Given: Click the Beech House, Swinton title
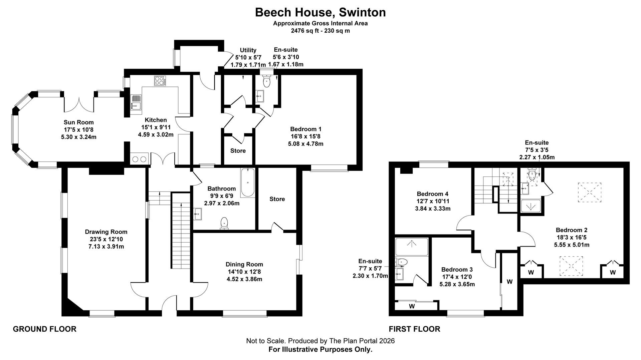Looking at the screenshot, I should coord(320,12).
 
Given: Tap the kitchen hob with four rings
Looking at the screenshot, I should coord(160,81).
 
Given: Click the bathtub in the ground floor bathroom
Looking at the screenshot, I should coord(247,183).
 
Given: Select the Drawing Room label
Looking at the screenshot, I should coord(106,232).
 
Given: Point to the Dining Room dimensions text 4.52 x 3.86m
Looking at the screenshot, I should coord(244,279).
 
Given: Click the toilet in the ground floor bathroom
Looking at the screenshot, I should coord(224,223).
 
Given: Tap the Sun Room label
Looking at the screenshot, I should coord(78,122).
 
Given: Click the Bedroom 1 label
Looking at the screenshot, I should coord(305,129).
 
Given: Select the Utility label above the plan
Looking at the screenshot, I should coord(248,50).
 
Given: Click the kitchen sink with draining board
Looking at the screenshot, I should coord(136,102).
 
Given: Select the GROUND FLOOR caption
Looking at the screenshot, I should coord(44,329).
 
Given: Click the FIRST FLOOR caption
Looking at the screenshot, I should coord(414,329).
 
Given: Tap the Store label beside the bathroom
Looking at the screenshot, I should coord(277,199).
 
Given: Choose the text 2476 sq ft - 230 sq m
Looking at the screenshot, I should coord(320,31).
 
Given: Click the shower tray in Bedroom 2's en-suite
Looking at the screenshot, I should coord(530,206).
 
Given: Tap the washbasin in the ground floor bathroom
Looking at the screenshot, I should coord(198,214).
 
